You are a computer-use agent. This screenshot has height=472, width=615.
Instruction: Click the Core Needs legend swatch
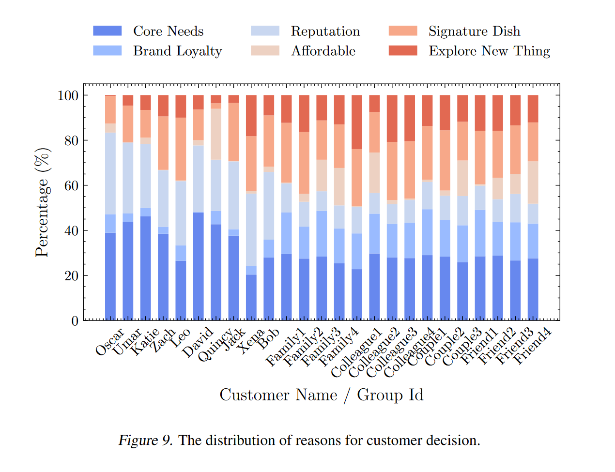(107, 31)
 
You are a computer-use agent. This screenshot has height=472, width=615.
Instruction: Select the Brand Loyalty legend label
(177, 51)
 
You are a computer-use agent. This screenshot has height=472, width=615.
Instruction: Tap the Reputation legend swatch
(265, 31)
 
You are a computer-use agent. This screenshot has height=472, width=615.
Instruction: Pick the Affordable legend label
(323, 51)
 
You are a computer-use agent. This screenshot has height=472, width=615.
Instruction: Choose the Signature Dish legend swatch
(402, 31)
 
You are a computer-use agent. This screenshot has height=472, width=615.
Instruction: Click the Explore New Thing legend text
(489, 51)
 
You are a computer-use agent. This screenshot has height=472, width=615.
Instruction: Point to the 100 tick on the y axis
(68, 95)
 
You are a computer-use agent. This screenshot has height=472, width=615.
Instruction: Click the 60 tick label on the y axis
(71, 185)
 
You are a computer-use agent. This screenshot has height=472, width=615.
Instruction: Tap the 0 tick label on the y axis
(75, 321)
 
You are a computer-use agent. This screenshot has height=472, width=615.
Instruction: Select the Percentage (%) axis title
(42, 202)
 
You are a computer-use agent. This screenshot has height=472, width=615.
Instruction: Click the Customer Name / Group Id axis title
(321, 395)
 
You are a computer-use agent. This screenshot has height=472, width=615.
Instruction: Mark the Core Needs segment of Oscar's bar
(110, 276)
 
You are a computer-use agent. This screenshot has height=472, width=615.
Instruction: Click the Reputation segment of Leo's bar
(181, 213)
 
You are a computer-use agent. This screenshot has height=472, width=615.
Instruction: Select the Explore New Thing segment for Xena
(251, 115)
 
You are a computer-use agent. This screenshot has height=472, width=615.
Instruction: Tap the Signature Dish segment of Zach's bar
(163, 143)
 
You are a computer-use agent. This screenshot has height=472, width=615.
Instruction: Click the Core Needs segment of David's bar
(199, 266)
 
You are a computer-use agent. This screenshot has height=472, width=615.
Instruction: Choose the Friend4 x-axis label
(532, 346)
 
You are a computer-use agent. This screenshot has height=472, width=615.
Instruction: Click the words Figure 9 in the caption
(145, 441)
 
